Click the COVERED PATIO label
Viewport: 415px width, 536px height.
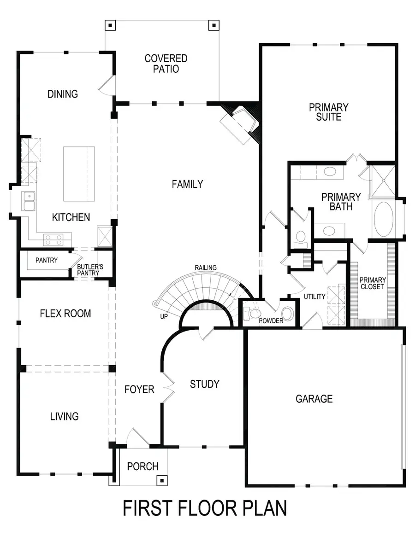click(x=166, y=64)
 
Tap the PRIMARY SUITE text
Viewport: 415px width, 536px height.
click(x=328, y=112)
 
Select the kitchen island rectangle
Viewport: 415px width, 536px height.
click(x=79, y=174)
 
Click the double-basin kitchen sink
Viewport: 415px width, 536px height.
click(x=29, y=201)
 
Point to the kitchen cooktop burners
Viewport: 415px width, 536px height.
click(x=53, y=239)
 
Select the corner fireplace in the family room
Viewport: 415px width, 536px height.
click(x=238, y=122)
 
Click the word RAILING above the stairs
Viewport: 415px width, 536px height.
click(x=206, y=268)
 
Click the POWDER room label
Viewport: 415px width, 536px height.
click(x=271, y=320)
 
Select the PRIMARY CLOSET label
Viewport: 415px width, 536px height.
click(x=372, y=283)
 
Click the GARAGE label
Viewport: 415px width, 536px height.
click(x=314, y=399)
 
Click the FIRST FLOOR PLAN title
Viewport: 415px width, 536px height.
click(x=205, y=508)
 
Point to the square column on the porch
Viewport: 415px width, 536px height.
click(x=161, y=480)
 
